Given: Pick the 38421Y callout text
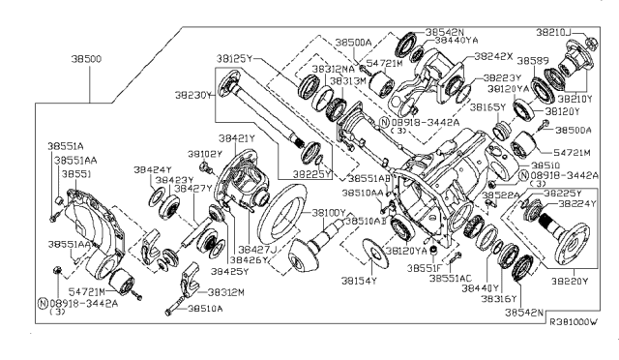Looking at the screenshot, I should pyautogui.click(x=236, y=138).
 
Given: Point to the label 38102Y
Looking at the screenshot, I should pyautogui.click(x=205, y=154).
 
